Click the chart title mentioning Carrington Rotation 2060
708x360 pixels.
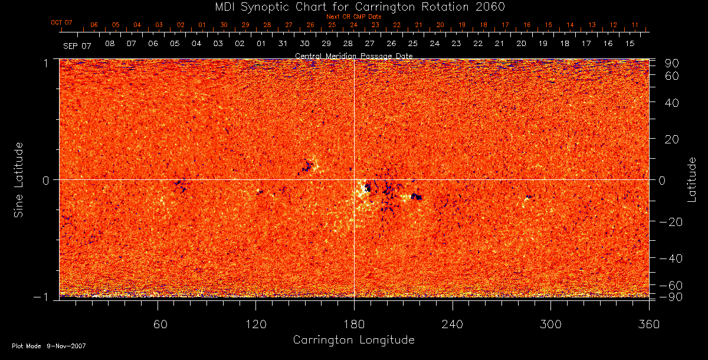354,6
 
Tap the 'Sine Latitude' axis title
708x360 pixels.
19,179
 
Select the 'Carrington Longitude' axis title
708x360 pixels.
353,340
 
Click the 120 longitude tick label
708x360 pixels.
255,325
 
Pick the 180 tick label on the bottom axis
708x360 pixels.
354,325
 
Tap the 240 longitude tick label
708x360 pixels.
453,325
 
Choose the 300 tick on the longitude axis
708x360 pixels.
550,325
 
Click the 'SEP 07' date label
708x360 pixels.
77,45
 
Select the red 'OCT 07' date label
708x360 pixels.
61,22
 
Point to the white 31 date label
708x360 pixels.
283,44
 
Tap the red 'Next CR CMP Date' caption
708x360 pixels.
354,17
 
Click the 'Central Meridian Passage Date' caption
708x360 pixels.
353,55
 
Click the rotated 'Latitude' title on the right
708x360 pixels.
692,179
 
